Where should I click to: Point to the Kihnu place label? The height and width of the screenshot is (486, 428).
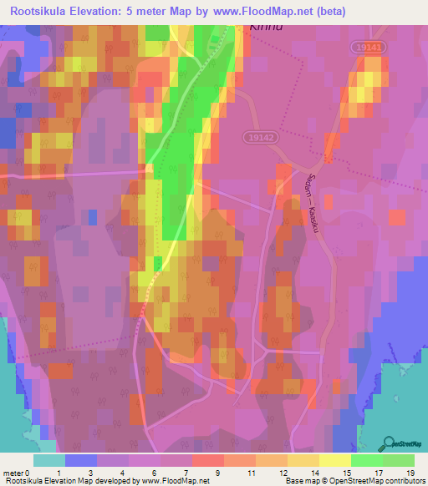pos(267,26)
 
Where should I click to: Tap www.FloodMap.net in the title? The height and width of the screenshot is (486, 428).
pos(262,12)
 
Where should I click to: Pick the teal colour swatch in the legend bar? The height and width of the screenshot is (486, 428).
pos(49,460)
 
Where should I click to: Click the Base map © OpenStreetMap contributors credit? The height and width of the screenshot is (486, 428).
pos(352,481)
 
